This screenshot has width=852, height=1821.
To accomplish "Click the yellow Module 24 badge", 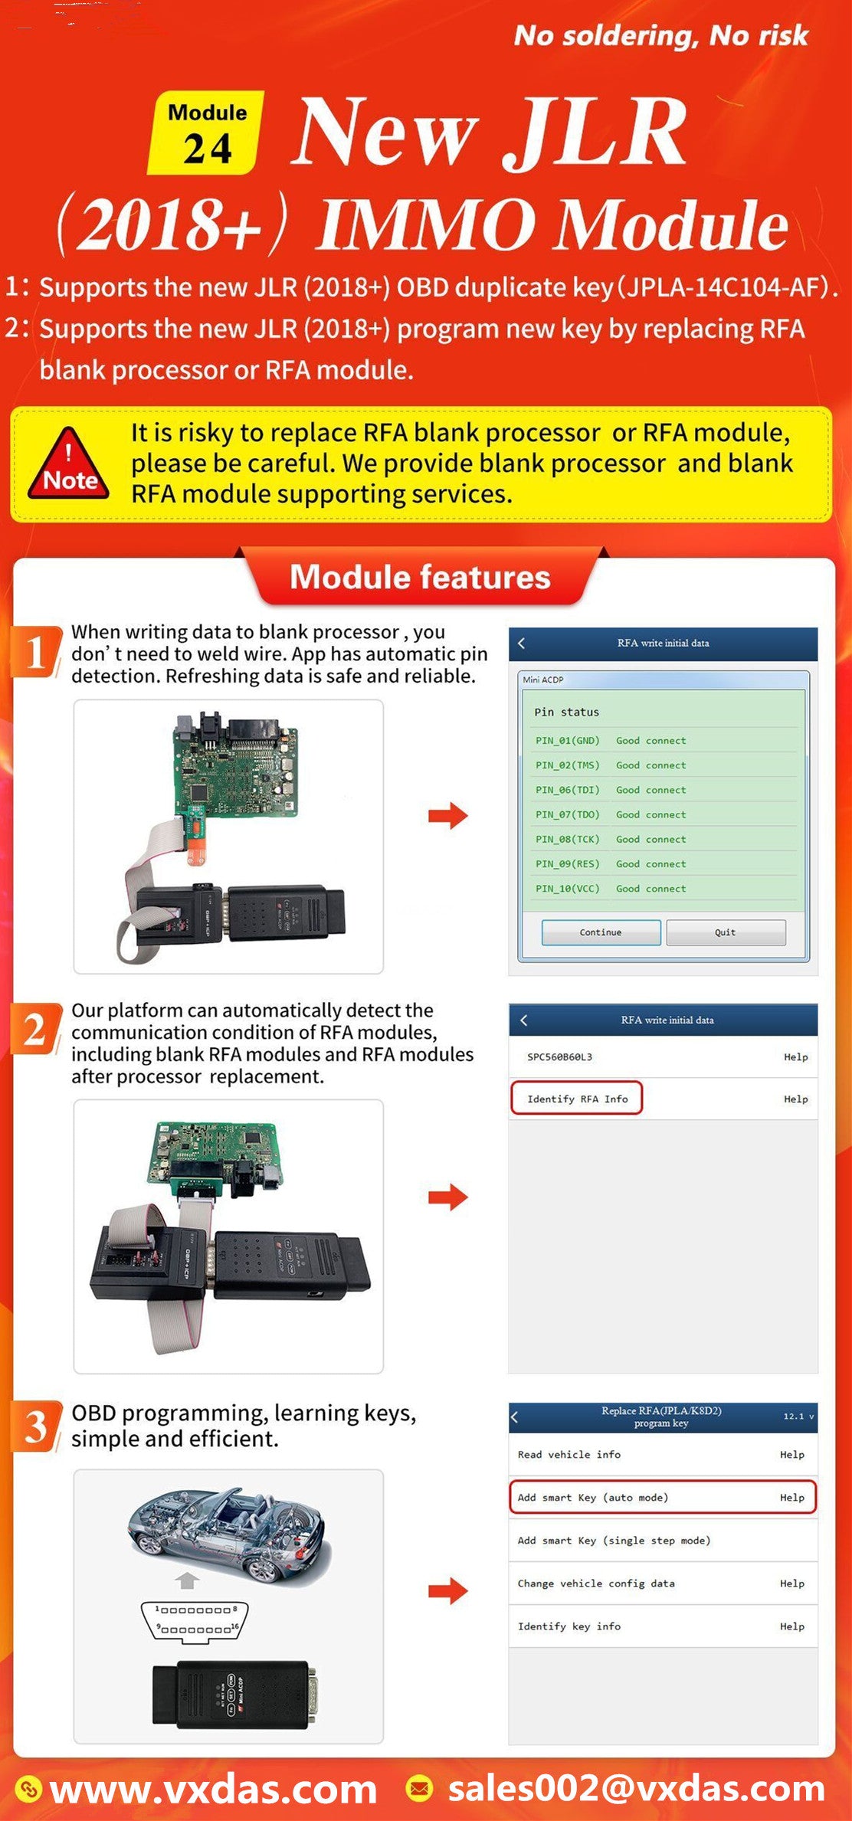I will point(205,132).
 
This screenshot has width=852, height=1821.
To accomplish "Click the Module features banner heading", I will point(420,577).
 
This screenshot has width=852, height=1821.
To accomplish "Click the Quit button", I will point(725,932).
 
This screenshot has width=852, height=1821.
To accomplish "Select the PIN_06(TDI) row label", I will point(567,790).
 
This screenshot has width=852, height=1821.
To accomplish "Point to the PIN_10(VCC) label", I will point(567,889).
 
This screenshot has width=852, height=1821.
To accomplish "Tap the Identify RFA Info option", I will point(577,1099).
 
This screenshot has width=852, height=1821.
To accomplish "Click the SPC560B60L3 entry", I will point(559,1056).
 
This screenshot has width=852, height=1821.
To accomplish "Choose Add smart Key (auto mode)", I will point(592,1497).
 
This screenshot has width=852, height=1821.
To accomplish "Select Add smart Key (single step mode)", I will point(614,1540).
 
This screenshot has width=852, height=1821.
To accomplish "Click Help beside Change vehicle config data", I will point(791,1583).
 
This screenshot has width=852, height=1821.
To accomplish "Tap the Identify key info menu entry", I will point(569,1626).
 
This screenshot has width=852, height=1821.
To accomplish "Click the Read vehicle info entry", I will point(569,1454).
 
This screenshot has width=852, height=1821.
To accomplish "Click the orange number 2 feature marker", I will point(35,1029).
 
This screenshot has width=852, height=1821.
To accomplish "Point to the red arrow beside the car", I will point(447,1591).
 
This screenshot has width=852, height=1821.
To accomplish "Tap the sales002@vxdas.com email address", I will point(635,1788).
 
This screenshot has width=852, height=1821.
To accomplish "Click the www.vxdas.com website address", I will point(212,1790).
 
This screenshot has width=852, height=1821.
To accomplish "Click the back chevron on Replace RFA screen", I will point(515,1417).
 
